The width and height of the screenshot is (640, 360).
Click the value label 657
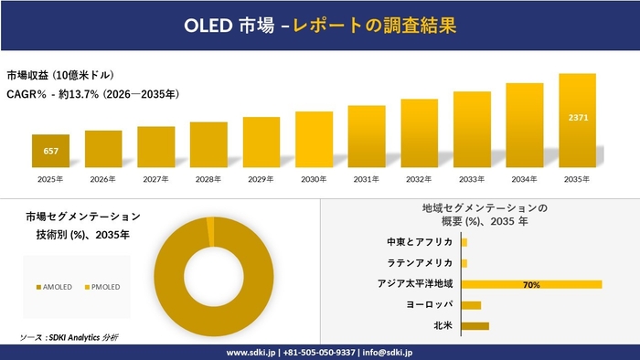point(50,150)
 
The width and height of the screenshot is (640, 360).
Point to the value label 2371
point(578,118)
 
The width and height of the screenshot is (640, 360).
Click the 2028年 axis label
point(208,179)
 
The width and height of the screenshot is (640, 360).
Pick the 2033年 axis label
point(472,179)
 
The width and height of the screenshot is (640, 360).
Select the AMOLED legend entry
point(54,287)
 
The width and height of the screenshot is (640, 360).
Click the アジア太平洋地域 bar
point(531,284)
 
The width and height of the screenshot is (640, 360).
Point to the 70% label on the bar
point(531,284)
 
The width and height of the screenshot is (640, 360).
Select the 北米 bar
point(475,325)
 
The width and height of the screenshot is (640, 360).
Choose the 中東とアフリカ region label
point(420,242)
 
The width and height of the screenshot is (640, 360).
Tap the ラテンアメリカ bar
point(464,263)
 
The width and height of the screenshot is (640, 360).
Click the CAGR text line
point(92,94)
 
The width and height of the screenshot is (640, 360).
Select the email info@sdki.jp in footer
point(388,352)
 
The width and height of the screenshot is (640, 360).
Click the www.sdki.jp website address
point(252,352)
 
